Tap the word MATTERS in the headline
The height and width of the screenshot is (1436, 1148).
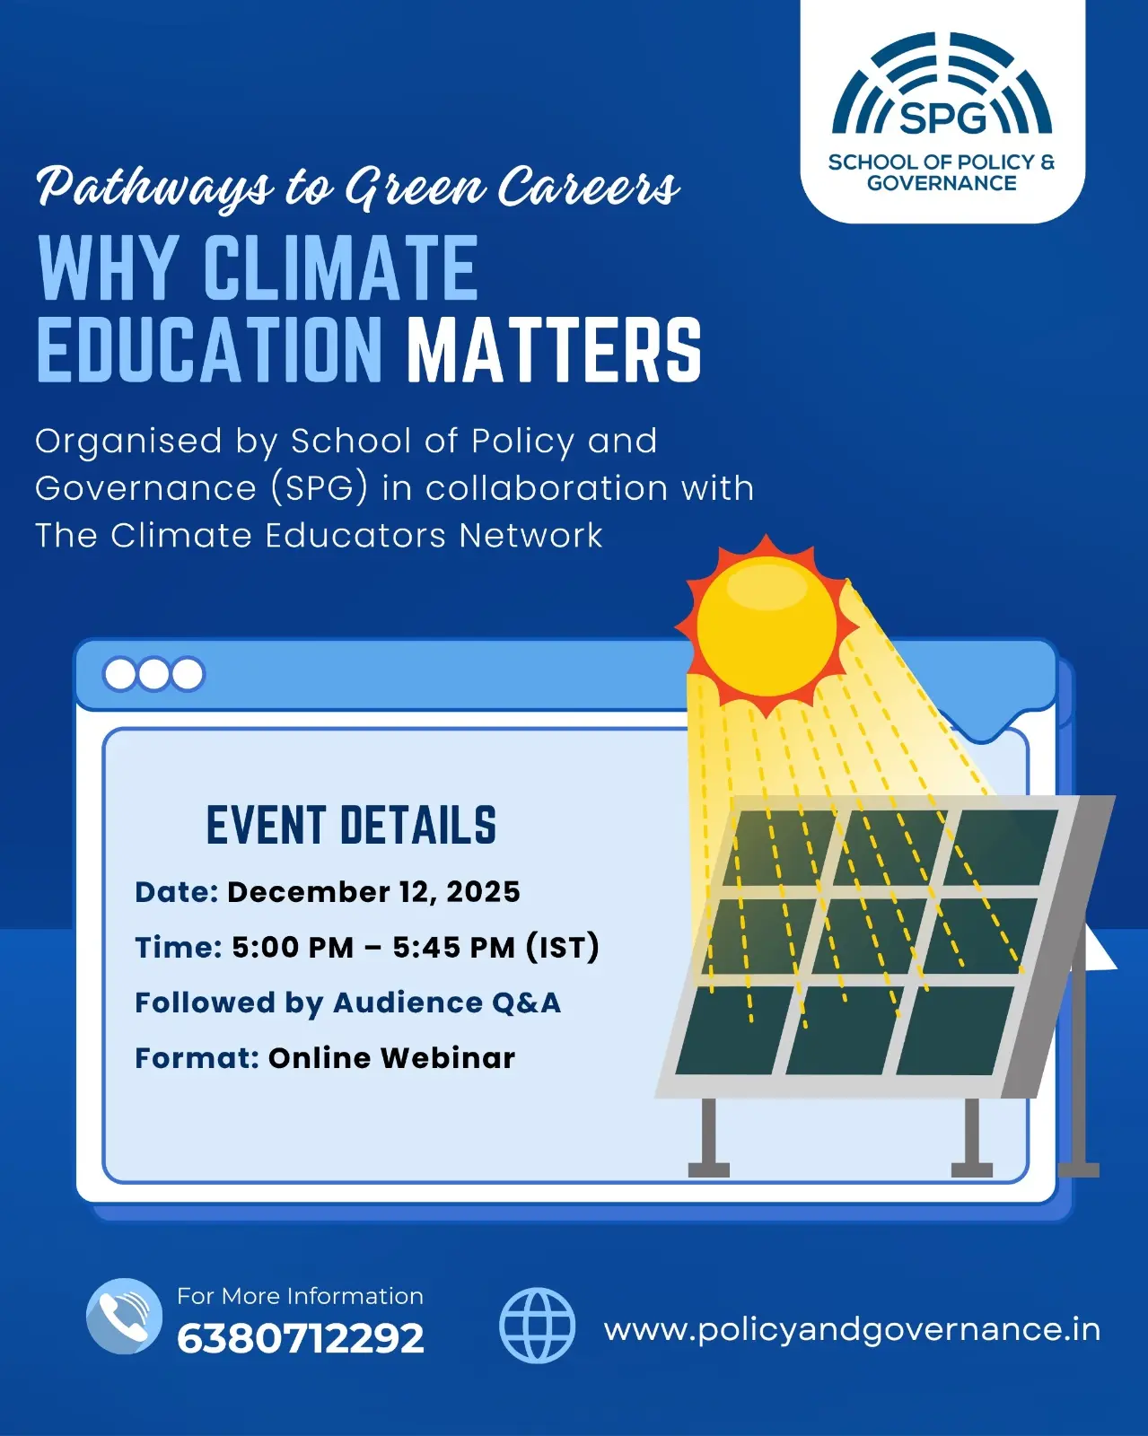(x=555, y=350)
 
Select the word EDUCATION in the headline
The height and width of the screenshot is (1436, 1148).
(x=209, y=350)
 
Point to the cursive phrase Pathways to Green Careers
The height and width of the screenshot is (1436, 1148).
(x=358, y=188)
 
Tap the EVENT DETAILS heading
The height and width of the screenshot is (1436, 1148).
(x=351, y=826)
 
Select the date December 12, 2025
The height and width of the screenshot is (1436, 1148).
(x=373, y=892)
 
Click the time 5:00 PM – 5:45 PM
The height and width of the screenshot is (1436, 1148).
(x=373, y=948)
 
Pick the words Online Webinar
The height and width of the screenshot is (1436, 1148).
(x=391, y=1058)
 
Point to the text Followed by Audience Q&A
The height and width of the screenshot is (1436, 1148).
(x=347, y=1003)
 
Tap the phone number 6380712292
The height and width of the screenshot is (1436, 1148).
(x=301, y=1338)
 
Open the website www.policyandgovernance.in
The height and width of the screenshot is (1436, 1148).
(x=852, y=1331)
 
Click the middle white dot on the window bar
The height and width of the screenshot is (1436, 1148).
(x=153, y=674)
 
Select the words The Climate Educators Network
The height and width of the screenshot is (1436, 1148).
(x=319, y=535)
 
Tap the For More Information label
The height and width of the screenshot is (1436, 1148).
(x=301, y=1296)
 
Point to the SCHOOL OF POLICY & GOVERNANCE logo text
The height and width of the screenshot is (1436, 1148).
(x=942, y=172)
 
